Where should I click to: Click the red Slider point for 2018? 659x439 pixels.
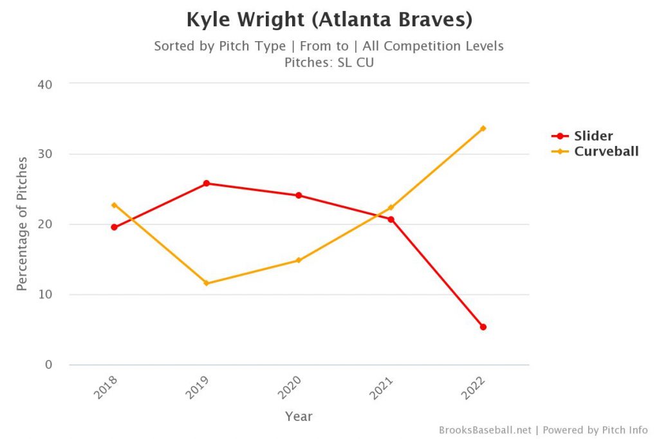coord(114,227)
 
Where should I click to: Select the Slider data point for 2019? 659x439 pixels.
coord(207,183)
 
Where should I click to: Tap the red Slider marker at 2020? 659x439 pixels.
coord(299,195)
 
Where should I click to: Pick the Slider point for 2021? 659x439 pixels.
coord(391,219)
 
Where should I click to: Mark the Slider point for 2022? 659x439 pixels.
coord(483,327)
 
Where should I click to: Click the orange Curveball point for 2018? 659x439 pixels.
coord(114,205)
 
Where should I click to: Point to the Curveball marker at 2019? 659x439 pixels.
coord(207,283)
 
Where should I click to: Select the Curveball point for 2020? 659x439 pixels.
coord(299,260)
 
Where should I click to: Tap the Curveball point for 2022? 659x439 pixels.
coord(483,128)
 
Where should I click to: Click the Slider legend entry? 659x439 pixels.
coord(593,136)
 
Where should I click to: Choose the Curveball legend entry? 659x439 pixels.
coord(606,152)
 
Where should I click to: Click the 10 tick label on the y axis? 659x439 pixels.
coord(45,295)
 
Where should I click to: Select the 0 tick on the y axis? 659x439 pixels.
coord(49,365)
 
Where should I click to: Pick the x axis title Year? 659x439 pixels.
coord(299,417)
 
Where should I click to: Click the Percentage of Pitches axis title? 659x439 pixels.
coord(23,224)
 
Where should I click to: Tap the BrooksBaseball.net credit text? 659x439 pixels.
coord(485,429)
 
